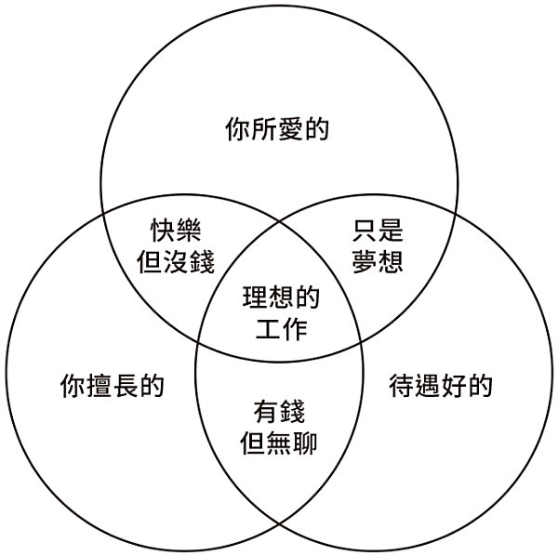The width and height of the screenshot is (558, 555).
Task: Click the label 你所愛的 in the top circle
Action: point(278,129)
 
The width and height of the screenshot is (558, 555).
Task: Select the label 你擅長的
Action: point(112,384)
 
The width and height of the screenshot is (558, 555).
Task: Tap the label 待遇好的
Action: point(440,384)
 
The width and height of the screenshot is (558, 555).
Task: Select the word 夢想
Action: point(379,261)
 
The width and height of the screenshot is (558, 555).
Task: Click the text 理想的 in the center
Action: point(280,297)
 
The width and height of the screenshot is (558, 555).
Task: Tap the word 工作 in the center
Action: point(280,329)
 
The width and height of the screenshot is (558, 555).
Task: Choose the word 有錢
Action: point(279,410)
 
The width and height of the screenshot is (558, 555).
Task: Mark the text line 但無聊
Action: point(279,443)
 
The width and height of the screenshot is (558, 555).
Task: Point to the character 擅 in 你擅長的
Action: point(99,384)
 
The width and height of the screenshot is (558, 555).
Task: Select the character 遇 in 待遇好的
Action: point(427,384)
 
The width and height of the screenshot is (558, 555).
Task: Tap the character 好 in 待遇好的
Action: point(453,384)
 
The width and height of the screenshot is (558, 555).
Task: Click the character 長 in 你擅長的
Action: point(125,384)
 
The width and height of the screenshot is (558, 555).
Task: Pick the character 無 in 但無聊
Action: point(279,443)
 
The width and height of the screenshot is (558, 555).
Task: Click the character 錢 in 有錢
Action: point(292,410)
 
